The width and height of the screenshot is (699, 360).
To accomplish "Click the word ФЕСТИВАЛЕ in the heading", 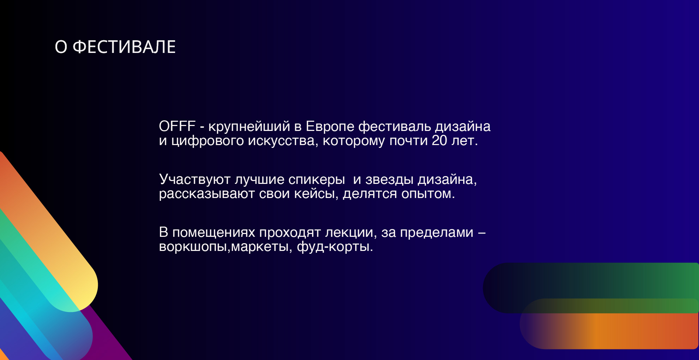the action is click(x=124, y=47).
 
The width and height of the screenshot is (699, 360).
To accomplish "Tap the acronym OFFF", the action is click(x=177, y=126).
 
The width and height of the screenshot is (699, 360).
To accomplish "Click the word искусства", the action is click(x=281, y=141).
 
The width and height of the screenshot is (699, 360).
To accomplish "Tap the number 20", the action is click(x=440, y=140).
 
